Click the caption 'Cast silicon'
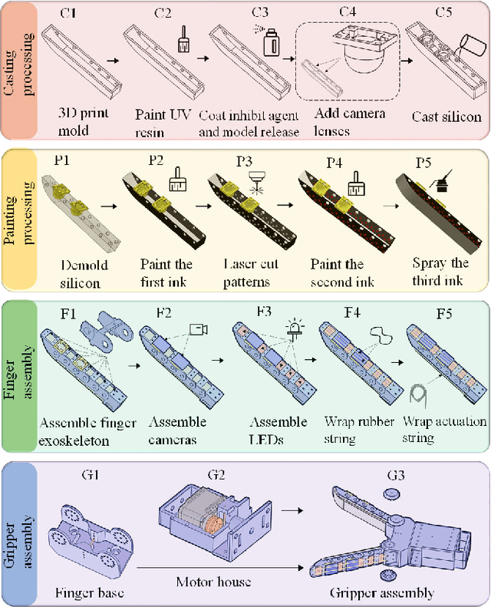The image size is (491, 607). (446, 117)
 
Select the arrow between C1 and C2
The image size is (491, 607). (112, 59)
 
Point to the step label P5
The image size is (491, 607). (423, 163)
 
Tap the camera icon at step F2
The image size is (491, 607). (199, 329)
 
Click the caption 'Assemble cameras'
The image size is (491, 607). (177, 430)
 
